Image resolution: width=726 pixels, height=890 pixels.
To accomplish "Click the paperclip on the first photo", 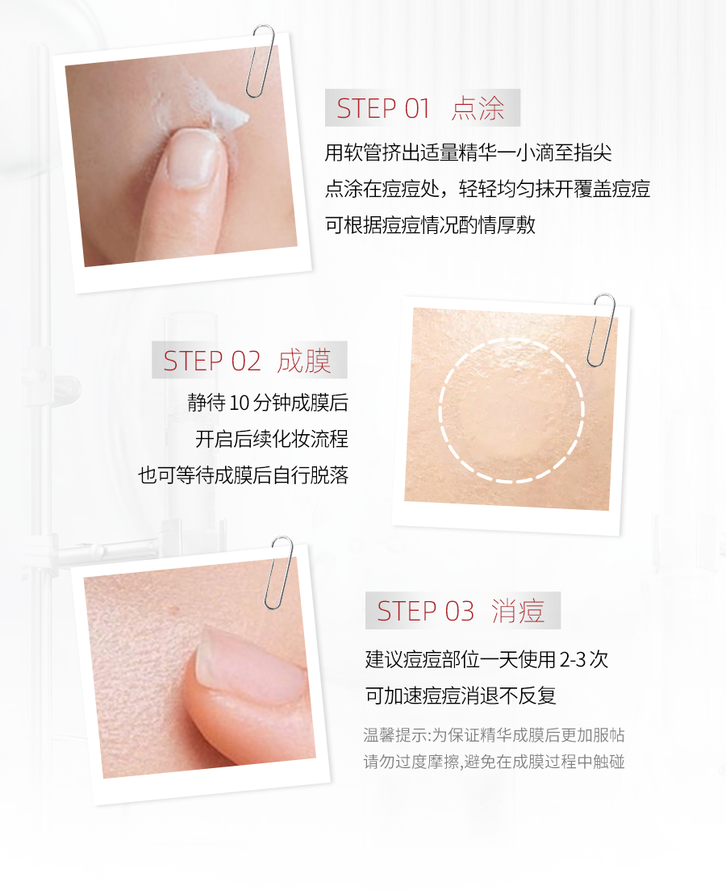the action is click(x=261, y=61).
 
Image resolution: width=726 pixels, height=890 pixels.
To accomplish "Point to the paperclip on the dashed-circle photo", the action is click(x=600, y=330).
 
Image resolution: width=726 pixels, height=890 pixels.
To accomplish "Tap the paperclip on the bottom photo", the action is click(x=279, y=572).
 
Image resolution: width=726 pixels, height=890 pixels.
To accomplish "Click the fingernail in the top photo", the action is click(x=194, y=158).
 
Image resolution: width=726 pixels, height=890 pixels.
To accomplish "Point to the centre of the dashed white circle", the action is click(x=511, y=411).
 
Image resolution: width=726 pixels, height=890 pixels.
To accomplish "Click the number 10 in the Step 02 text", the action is click(x=239, y=403).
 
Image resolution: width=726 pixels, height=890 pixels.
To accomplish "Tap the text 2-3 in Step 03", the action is click(x=572, y=659).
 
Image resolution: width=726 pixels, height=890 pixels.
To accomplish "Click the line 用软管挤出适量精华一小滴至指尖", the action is click(x=469, y=153).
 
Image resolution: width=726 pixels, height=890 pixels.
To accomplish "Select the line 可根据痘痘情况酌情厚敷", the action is click(x=430, y=225).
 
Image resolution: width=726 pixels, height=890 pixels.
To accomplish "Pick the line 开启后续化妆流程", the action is click(x=271, y=439).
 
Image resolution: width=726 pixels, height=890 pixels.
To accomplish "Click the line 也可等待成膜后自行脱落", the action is click(x=243, y=475).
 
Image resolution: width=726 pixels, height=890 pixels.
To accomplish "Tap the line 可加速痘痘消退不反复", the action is click(x=461, y=696).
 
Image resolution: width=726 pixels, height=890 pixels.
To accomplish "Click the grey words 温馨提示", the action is click(x=395, y=735).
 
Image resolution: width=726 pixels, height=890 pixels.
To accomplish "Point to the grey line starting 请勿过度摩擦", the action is click(x=494, y=762).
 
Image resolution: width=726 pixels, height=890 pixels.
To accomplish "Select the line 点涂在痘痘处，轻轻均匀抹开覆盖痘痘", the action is click(x=487, y=189).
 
